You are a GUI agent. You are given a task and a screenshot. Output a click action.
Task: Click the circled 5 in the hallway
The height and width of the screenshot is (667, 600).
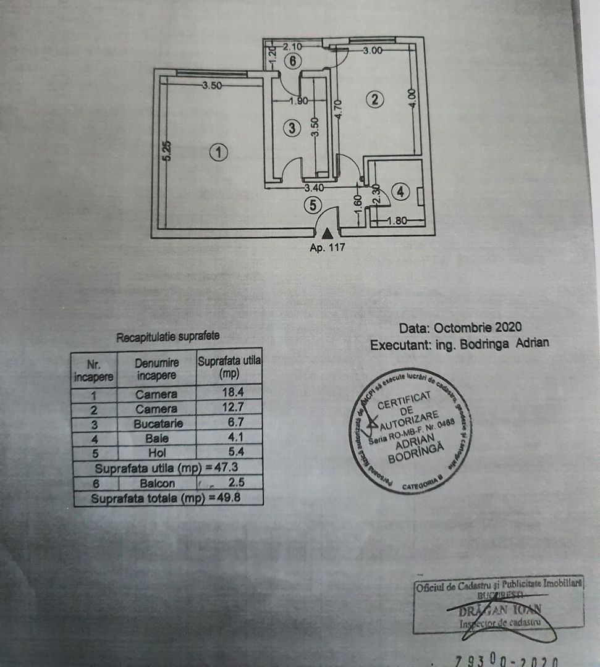pos(313,205)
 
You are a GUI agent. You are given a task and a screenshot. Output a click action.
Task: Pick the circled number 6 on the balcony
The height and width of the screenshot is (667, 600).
pos(294,61)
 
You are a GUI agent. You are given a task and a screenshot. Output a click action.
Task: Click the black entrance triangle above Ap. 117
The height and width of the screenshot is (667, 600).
pos(326,233)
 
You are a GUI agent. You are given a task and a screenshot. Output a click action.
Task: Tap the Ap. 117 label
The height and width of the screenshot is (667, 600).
pos(326,248)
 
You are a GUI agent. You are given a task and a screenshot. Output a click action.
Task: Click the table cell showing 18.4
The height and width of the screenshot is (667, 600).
pos(229,393)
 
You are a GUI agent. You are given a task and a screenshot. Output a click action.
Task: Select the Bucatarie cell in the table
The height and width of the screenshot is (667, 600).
pos(156,424)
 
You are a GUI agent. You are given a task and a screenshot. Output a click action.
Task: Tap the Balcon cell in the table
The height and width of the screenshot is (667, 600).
pos(156,483)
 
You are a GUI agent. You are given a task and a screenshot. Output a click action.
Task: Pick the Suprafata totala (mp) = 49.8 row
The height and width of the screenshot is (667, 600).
pos(168,498)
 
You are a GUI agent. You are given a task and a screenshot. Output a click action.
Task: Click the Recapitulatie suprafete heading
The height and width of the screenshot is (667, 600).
pos(168,337)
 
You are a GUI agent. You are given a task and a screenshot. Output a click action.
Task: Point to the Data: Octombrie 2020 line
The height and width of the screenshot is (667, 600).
pos(460,327)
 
